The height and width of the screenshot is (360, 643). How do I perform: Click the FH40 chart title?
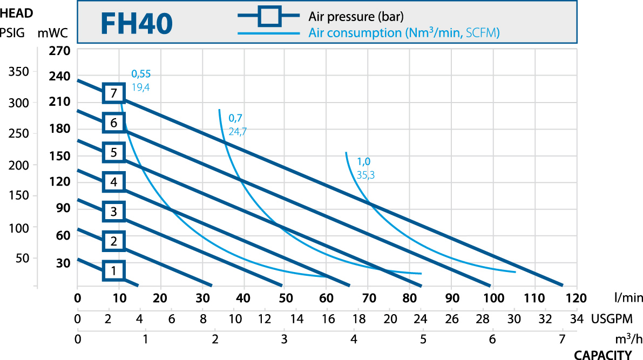(137, 23)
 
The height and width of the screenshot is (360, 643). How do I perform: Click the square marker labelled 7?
(113, 93)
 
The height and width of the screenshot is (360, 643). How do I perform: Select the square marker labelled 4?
(113, 182)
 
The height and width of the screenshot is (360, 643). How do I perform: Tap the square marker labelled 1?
(113, 270)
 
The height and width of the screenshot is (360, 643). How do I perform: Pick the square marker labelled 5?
(113, 153)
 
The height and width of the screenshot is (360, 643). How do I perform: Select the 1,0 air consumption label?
(364, 161)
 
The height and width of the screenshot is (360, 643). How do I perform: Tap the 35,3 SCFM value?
(366, 174)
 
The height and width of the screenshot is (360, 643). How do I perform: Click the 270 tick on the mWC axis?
(59, 52)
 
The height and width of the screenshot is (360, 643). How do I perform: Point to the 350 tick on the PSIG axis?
(18, 72)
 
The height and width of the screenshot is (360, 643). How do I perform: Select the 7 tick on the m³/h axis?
(561, 339)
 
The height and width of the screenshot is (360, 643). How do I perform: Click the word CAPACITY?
(602, 355)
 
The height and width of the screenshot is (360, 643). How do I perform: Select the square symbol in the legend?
(269, 16)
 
